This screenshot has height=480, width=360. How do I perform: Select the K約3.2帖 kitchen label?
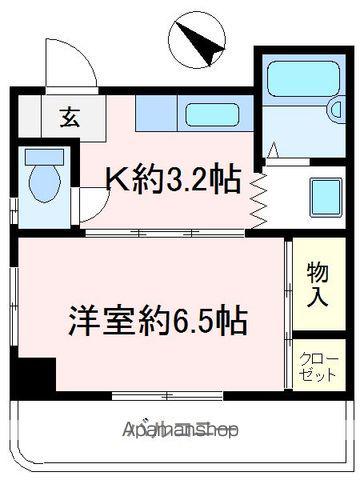[x=173, y=180]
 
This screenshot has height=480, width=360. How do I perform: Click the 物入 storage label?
[x=316, y=284]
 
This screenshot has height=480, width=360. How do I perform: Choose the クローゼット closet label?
[x=318, y=367]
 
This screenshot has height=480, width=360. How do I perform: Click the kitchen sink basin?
[x=211, y=114]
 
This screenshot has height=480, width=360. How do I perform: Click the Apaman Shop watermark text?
[x=181, y=431]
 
